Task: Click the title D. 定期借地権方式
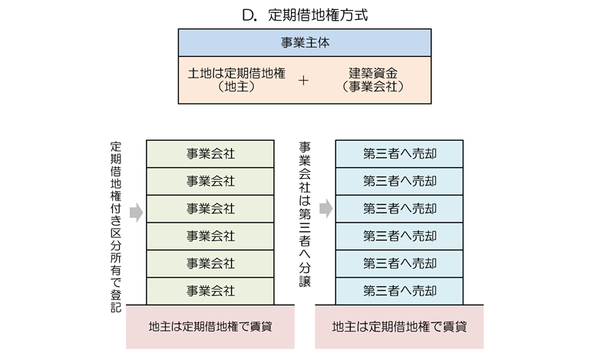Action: click(x=306, y=14)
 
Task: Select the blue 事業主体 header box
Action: click(x=306, y=43)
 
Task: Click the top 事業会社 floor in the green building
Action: click(x=210, y=154)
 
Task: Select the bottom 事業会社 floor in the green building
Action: click(x=210, y=291)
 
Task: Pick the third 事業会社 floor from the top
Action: click(x=210, y=209)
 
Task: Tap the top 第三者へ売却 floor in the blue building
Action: click(x=399, y=154)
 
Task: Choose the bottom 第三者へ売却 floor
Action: click(x=399, y=291)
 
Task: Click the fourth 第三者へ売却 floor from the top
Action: click(x=399, y=236)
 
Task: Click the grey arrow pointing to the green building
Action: click(x=136, y=213)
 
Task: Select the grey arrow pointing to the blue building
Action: click(x=325, y=209)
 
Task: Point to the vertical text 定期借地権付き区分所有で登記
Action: click(x=116, y=226)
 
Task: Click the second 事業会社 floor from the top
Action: click(x=210, y=181)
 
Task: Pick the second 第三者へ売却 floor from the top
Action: click(x=399, y=181)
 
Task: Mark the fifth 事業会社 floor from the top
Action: click(x=210, y=263)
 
